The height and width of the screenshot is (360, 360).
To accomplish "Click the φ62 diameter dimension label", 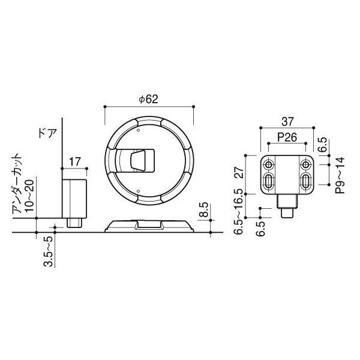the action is (149, 99).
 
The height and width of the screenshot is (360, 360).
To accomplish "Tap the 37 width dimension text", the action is (287, 121).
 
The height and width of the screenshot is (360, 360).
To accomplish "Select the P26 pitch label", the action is (287, 137).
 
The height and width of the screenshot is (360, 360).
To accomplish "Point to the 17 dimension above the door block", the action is (75, 162).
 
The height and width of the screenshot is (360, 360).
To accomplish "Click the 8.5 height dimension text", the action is (204, 209).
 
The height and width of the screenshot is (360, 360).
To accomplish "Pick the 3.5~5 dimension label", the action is (48, 251).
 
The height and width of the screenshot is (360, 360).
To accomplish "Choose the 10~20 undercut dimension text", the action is (29, 196).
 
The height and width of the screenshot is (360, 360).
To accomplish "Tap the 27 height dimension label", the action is (239, 173).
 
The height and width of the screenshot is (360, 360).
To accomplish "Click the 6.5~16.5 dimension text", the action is (239, 212).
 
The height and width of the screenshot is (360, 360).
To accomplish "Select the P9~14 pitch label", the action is (340, 175).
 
